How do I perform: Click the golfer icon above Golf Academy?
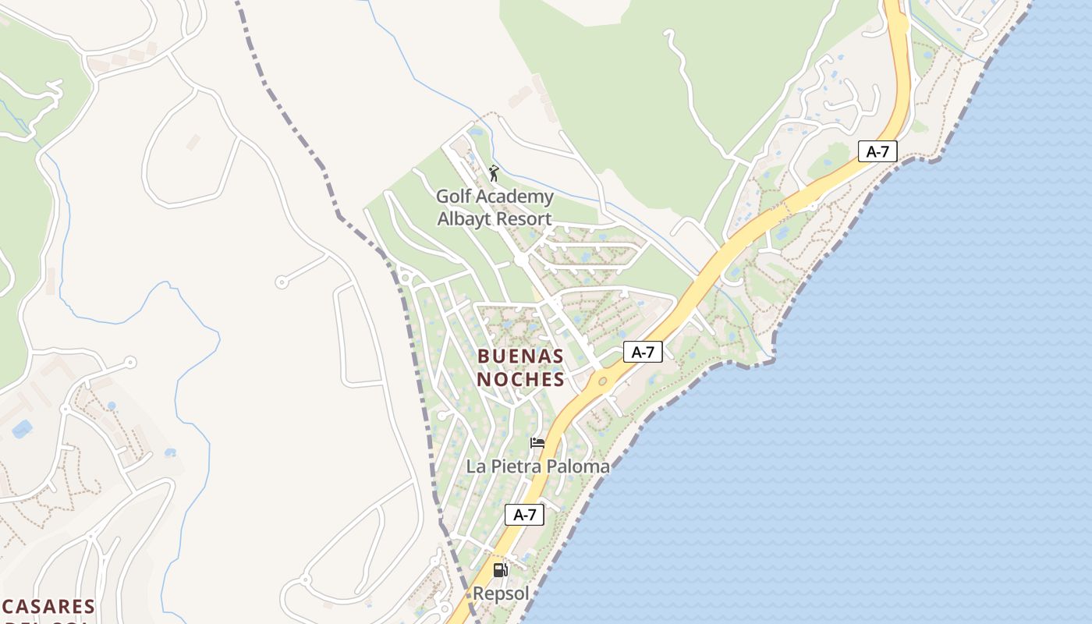[493, 172]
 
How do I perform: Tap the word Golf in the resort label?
[453, 197]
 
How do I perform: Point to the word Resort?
[525, 219]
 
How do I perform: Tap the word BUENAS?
[520, 356]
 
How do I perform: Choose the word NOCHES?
[520, 380]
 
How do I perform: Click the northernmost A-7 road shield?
[877, 151]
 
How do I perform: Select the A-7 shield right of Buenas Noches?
[643, 353]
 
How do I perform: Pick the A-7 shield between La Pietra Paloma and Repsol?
[525, 515]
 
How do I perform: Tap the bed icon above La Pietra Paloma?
[537, 444]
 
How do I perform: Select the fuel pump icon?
[500, 570]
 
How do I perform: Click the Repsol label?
[501, 594]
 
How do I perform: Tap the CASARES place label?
[48, 606]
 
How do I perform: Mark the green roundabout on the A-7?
[602, 381]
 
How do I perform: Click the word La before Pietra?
[476, 466]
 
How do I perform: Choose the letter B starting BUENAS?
[483, 356]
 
